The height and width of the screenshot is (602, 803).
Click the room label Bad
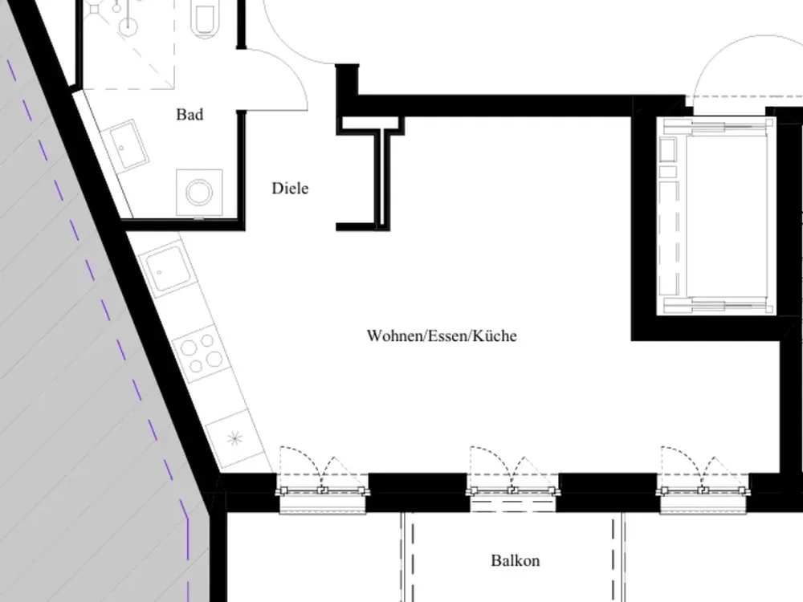(x=190, y=115)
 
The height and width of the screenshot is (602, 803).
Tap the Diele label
(x=290, y=189)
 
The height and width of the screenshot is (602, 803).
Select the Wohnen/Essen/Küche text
(x=442, y=336)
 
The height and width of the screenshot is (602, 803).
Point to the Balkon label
(x=516, y=560)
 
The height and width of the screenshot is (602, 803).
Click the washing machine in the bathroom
(x=199, y=193)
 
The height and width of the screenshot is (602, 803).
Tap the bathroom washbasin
(x=125, y=147)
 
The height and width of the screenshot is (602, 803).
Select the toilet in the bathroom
(x=205, y=18)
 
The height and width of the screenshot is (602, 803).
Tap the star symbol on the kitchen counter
(x=234, y=439)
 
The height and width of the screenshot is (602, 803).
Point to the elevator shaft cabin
(x=717, y=216)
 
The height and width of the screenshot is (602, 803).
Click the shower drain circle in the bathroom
(x=128, y=25)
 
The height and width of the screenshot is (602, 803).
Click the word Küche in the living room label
(x=495, y=336)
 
